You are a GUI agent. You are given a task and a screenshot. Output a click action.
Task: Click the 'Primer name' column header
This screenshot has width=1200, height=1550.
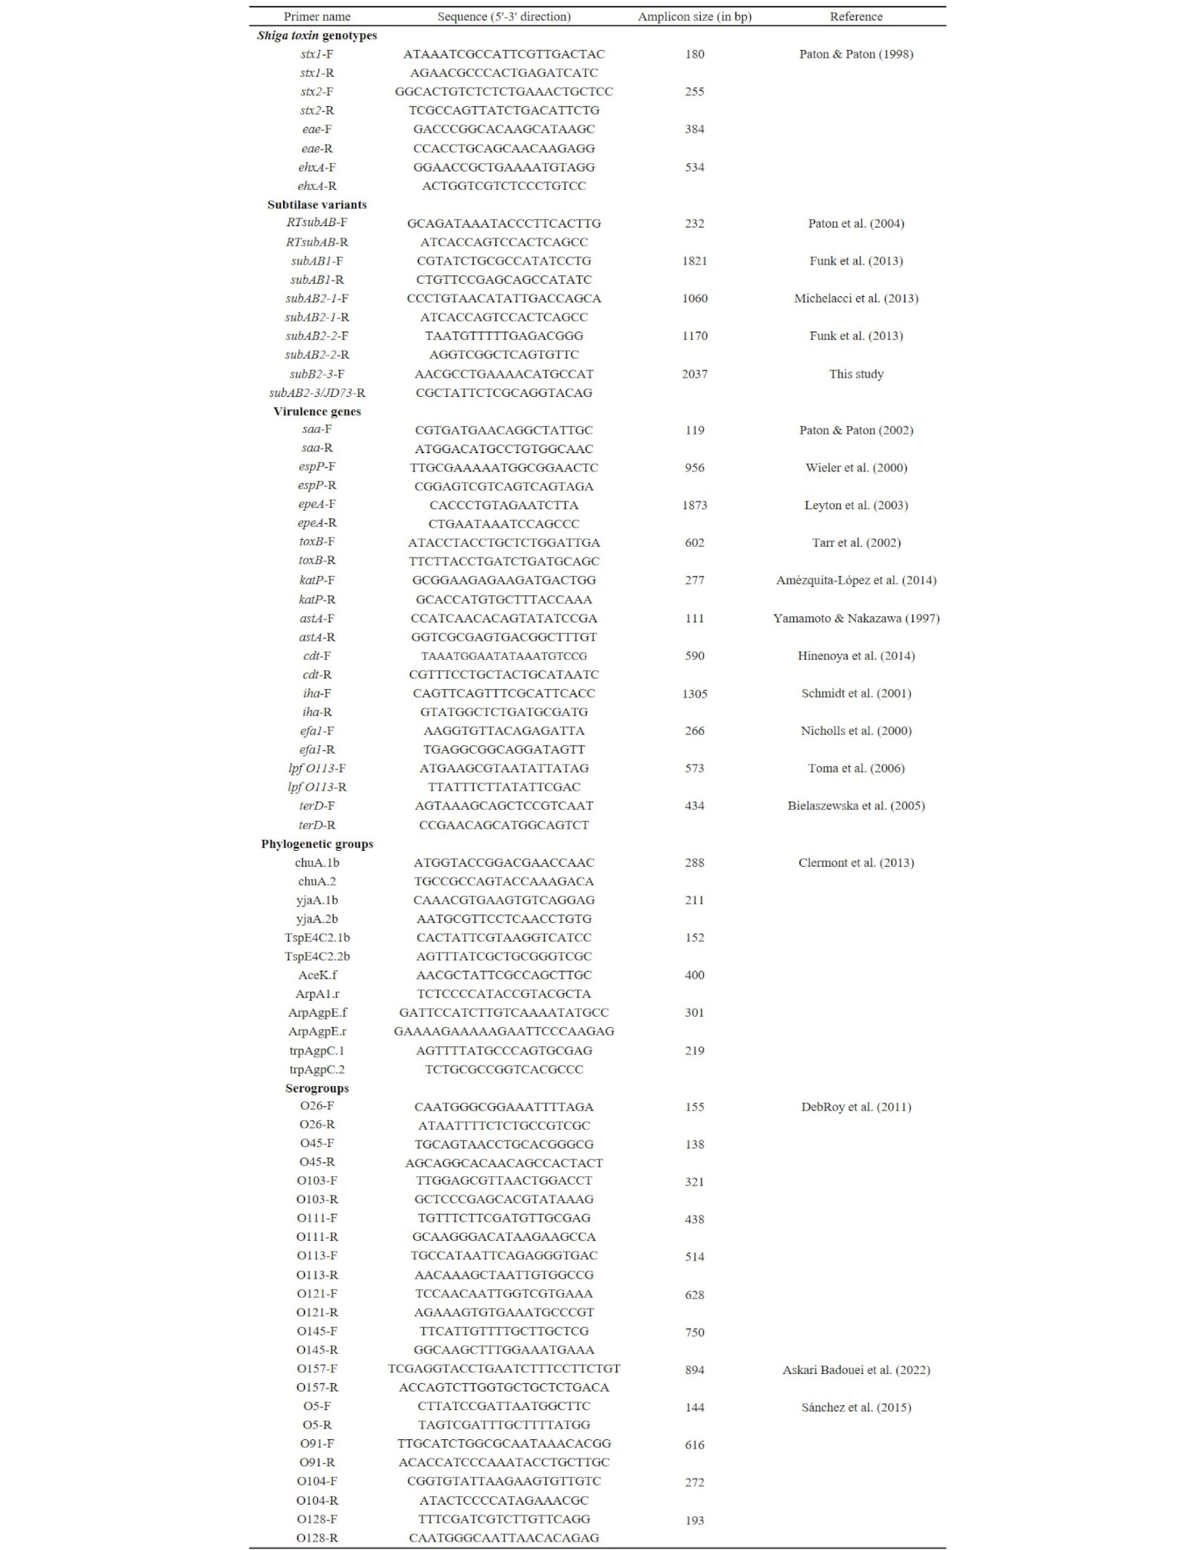317,16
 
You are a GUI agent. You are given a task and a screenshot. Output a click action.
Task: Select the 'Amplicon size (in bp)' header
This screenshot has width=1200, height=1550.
694,16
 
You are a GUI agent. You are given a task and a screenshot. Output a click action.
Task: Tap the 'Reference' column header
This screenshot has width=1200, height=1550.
855,16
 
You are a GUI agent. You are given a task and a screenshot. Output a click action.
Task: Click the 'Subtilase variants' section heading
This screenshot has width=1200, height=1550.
317,205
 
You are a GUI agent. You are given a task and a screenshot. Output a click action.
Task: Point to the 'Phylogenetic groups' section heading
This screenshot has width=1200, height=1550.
317,844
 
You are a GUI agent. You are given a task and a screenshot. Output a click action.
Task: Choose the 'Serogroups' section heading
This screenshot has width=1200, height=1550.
317,1088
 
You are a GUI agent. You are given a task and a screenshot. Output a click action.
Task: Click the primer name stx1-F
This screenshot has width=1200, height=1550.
317,54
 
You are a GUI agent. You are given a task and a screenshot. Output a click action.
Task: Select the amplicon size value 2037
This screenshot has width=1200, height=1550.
694,374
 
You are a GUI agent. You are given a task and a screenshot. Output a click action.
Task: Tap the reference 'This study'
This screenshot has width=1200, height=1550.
855,374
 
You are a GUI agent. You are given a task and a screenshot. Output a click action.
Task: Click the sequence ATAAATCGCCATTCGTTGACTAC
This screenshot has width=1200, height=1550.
504,54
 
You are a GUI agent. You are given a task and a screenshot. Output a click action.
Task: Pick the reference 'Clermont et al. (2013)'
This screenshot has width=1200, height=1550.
855,862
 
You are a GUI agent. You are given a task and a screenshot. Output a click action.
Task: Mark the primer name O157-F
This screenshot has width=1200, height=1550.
317,1368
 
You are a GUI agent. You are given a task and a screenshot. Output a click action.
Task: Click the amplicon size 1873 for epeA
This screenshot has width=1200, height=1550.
694,505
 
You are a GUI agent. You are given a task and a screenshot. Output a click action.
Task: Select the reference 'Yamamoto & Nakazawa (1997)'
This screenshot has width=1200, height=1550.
855,618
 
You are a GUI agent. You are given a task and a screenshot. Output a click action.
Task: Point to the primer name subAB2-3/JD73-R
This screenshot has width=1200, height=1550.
317,392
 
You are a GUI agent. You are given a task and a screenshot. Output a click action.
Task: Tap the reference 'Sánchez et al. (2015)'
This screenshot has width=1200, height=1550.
855,1407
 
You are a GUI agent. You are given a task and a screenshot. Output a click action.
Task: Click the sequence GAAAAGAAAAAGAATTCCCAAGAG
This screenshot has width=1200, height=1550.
504,1031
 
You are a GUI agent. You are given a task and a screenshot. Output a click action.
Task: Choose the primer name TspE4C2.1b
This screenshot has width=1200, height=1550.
317,937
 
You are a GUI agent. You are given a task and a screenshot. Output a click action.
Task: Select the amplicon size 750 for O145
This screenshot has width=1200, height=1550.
694,1332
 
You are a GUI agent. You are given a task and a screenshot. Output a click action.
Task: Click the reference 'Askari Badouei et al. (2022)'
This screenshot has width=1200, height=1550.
855,1369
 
